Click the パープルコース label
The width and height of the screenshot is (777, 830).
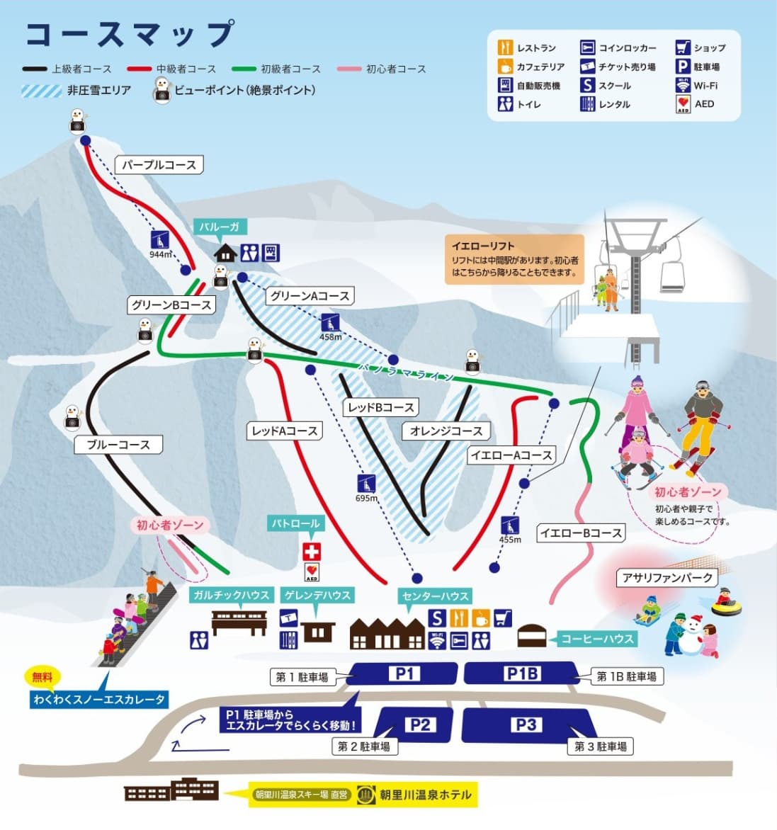[159, 165]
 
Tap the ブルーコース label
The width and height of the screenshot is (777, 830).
[118, 445]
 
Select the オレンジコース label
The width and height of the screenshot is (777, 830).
[446, 431]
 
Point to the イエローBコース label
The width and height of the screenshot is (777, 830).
[581, 533]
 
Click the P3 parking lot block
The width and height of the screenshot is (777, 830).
[526, 724]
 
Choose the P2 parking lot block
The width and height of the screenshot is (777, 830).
[419, 724]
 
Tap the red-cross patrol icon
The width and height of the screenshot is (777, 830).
[312, 551]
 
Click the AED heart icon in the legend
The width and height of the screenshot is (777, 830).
[683, 104]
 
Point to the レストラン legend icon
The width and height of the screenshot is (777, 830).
[505, 48]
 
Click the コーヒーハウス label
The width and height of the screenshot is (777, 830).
[596, 639]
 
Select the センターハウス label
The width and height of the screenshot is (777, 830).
[435, 596]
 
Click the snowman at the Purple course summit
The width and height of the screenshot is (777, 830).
[77, 121]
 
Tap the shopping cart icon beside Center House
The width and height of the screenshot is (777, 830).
[502, 618]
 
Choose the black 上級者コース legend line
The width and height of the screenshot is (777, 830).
[35, 69]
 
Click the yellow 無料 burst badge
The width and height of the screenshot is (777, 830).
[42, 677]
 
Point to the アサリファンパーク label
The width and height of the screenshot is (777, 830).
[667, 578]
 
